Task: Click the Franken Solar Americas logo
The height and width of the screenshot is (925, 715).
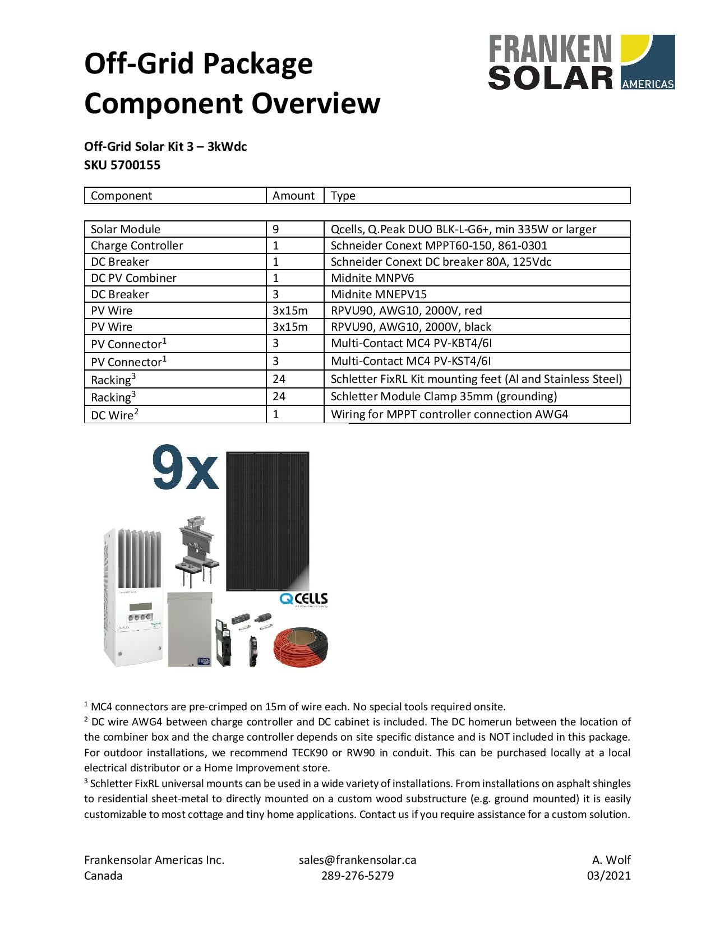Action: [x=581, y=62]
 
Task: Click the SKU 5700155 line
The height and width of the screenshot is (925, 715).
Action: [x=122, y=165]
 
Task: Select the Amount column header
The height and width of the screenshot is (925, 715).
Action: [x=293, y=196]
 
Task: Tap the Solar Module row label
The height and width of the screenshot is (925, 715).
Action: [x=126, y=229]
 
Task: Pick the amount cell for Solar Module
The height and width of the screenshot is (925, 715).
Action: [x=276, y=229]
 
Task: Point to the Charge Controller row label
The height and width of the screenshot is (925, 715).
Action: [x=137, y=246]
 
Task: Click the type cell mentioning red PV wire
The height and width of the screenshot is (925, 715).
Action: [x=406, y=311]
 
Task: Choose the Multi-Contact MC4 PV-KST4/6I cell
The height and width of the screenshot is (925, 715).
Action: [x=411, y=361]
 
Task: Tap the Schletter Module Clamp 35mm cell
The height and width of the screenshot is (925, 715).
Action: [x=444, y=396]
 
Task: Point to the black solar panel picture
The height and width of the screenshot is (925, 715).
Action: [x=267, y=521]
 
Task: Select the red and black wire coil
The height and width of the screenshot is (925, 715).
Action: [x=302, y=646]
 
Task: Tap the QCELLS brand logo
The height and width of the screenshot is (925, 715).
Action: [x=303, y=599]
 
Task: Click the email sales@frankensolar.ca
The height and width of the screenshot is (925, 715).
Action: [x=357, y=860]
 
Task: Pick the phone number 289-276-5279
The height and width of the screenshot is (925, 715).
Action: [x=357, y=876]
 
